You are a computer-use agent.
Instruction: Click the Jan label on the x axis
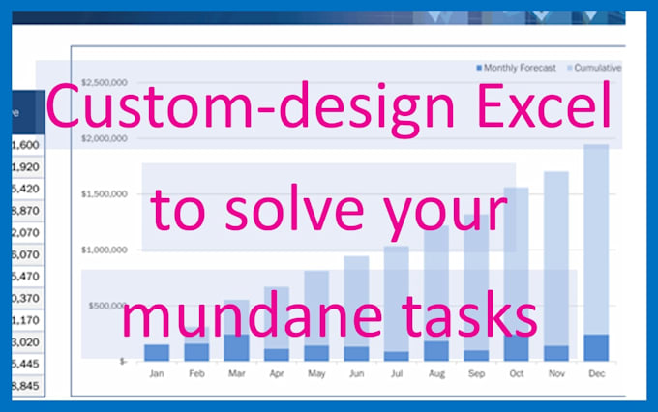click(x=157, y=372)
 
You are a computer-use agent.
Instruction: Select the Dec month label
click(x=596, y=372)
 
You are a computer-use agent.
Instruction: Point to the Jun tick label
click(x=356, y=372)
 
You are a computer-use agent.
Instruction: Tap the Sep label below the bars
click(x=476, y=372)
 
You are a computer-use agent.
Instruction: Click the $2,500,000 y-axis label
click(x=105, y=82)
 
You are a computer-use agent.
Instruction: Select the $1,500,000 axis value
click(x=105, y=194)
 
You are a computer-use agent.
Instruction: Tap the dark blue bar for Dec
click(x=596, y=347)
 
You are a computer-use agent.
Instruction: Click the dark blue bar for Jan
click(x=157, y=352)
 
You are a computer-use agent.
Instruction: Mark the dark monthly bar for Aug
click(x=436, y=350)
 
